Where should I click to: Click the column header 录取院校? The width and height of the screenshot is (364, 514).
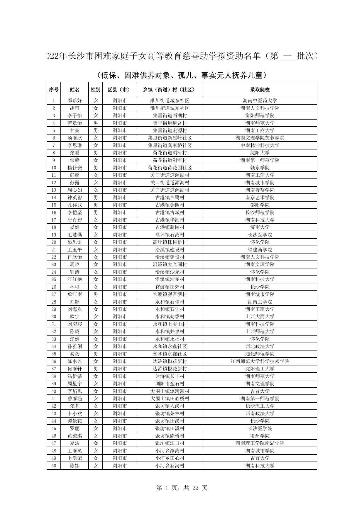[x=260, y=90]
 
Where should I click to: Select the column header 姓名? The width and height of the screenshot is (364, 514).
[x=75, y=90]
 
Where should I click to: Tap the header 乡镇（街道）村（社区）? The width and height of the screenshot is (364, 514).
[x=170, y=90]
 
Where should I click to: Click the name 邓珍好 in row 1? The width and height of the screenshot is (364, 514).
[x=75, y=101]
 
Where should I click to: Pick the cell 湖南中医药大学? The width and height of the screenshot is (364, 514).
[x=260, y=101]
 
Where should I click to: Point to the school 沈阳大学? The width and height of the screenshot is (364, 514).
[x=260, y=153]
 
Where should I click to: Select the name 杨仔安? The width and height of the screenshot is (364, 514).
[x=75, y=168]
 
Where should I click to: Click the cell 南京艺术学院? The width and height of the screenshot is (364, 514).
[x=260, y=198]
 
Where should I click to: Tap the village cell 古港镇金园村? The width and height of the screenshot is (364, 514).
[x=170, y=205]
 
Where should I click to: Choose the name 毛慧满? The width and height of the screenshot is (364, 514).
[x=75, y=235]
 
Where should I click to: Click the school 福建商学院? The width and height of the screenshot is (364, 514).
[x=260, y=250]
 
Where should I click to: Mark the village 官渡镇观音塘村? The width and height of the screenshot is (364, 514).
[x=170, y=294]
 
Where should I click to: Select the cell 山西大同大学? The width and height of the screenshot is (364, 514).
[x=260, y=316]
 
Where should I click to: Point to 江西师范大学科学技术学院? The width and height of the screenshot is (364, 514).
[x=260, y=361]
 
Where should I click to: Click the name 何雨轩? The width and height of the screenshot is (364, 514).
[x=75, y=369]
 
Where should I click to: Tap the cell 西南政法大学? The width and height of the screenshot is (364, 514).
[x=260, y=413]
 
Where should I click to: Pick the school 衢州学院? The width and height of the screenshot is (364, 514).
[x=260, y=436]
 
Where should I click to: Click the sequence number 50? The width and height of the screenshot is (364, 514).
[x=54, y=466]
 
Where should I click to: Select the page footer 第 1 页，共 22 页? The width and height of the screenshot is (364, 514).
[x=182, y=488]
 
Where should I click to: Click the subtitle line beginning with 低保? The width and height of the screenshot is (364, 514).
[x=182, y=76]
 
